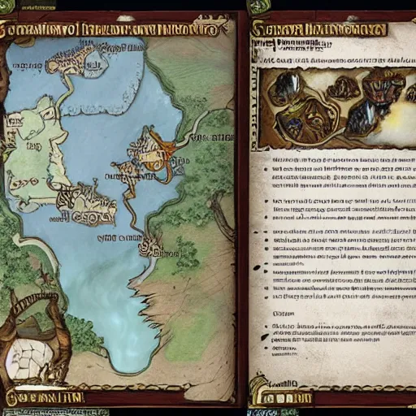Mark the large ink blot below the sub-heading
tap(264, 331)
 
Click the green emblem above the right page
tap(258, 6)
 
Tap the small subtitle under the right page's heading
tap(325, 58)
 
